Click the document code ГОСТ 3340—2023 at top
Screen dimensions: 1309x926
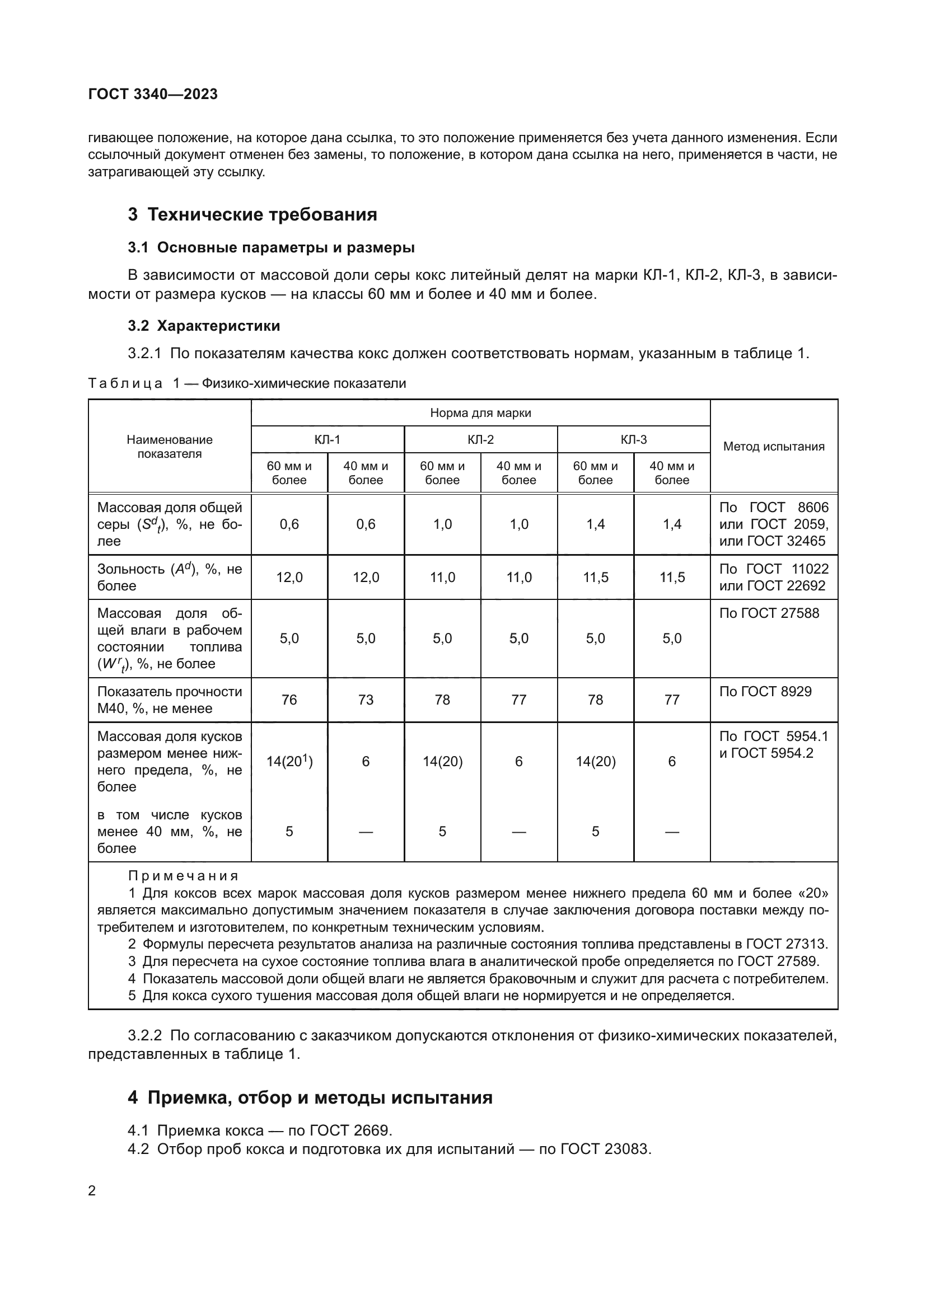point(153,94)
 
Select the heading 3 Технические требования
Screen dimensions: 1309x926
point(252,214)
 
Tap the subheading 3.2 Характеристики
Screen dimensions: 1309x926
point(204,326)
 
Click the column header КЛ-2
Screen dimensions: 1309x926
point(480,439)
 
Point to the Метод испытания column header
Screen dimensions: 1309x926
point(774,447)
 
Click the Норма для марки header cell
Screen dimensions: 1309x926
point(480,413)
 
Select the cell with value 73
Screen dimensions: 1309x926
point(366,700)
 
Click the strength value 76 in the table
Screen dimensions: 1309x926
point(289,700)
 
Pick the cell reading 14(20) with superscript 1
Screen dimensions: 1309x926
point(289,761)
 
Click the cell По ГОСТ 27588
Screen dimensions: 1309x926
point(769,613)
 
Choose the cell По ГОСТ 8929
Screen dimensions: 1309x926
point(765,692)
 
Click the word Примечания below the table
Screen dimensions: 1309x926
point(183,876)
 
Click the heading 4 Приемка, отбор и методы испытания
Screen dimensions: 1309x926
point(310,1097)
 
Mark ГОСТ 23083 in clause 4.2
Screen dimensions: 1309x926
point(606,1149)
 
